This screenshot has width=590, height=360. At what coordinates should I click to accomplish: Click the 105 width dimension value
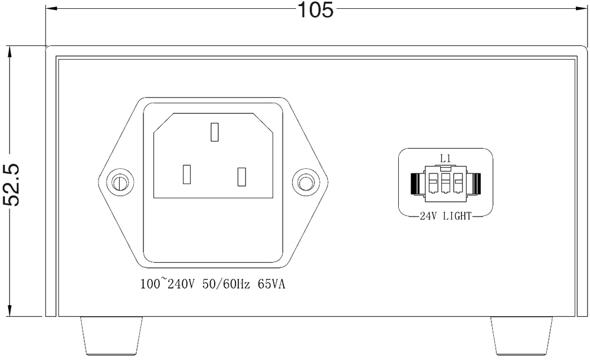coord(315,9)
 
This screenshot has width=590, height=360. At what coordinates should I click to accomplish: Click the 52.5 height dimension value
coord(12,185)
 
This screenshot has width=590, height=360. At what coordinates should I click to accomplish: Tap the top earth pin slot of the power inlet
coord(215,132)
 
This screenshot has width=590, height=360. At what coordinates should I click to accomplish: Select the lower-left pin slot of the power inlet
coord(186,175)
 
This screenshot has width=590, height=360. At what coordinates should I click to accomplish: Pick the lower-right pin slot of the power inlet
coord(241,176)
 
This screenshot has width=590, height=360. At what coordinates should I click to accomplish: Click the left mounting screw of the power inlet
coord(120,182)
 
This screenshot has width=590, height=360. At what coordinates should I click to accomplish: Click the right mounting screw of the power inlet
coord(306,182)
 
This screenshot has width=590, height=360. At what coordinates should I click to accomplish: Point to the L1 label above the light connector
coord(445,158)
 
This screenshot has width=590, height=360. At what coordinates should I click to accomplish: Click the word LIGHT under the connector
coord(457,216)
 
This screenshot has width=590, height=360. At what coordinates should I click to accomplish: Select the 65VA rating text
coord(271,284)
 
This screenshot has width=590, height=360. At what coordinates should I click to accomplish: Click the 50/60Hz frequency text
coord(226,284)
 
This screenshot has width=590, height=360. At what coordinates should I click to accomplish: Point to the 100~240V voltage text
coord(168,283)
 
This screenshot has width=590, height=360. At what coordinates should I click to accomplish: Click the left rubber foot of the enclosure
coord(112,336)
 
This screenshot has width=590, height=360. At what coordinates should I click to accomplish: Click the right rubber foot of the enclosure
coord(522,336)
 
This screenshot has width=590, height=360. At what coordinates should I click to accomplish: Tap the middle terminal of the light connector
coord(445,182)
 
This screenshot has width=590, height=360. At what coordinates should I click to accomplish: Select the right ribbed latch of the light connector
coord(474,184)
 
